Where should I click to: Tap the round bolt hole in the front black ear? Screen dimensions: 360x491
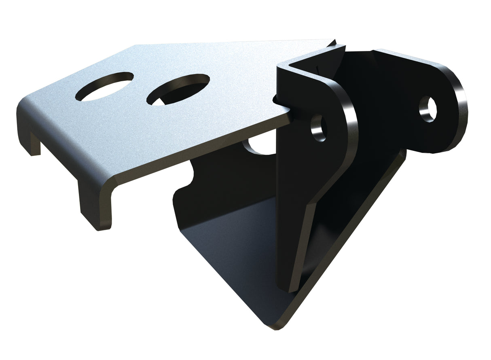318,128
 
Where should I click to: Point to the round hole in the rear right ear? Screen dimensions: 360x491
428,109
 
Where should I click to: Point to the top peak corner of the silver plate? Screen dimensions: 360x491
137,46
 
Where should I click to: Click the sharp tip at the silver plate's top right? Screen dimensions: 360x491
335,41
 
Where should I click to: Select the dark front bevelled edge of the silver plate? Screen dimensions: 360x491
202,154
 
